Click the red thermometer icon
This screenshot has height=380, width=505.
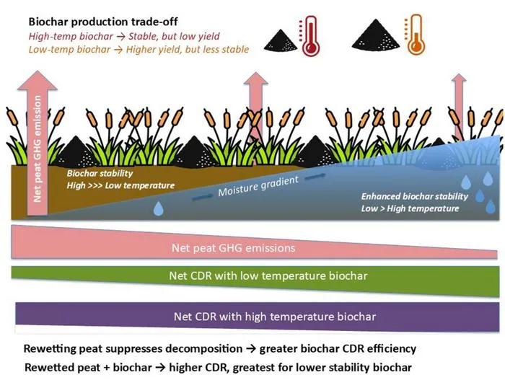click(x=309, y=37)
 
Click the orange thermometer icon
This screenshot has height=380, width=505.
click(x=415, y=35)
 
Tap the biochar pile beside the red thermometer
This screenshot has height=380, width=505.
click(x=281, y=40)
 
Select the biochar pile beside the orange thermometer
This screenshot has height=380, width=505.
click(x=376, y=35)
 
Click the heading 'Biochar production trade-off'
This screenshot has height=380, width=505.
click(x=103, y=22)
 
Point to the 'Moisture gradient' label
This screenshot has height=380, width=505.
click(x=258, y=186)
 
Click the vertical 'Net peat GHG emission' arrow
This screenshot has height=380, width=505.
click(x=38, y=143)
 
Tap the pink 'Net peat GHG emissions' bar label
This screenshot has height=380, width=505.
click(x=234, y=248)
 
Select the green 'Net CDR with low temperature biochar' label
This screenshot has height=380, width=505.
click(x=268, y=275)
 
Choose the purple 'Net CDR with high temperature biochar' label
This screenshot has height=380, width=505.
click(x=275, y=317)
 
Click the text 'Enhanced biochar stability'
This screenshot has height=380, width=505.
click(x=415, y=196)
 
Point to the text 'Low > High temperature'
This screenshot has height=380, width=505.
click(x=410, y=208)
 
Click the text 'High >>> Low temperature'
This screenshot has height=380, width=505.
click(x=120, y=185)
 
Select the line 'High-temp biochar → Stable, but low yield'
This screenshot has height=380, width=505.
click(x=124, y=36)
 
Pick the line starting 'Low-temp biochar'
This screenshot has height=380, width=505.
click(x=139, y=49)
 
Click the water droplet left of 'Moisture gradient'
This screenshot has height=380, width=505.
click(x=158, y=208)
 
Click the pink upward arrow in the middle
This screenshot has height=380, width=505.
click(x=255, y=106)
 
